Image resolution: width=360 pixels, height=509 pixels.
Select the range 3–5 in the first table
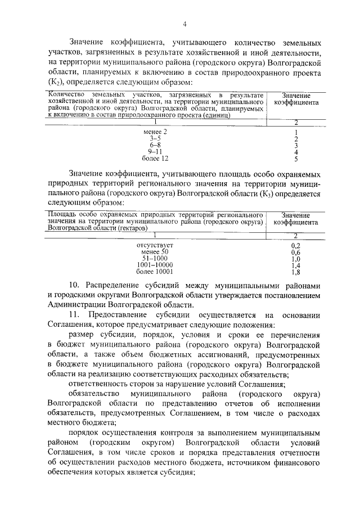pos(156,138)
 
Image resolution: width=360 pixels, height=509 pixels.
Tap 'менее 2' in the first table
pos(156,132)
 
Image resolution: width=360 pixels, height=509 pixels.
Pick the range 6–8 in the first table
pos(156,145)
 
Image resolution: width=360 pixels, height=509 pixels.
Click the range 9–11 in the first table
pos(156,152)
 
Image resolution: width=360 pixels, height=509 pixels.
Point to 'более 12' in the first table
pos(156,159)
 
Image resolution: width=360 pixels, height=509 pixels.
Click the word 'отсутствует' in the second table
pos(155,246)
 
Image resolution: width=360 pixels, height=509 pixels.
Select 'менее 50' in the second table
pos(155,253)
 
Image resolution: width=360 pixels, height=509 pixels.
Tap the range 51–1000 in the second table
pos(155,259)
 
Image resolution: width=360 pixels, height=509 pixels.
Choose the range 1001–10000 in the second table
pos(155,265)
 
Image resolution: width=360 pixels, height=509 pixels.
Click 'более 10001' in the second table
pos(155,272)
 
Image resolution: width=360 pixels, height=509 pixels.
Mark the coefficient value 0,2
pos(296,246)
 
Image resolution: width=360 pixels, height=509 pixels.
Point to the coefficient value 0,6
pos(296,253)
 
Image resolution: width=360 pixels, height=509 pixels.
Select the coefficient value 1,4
pos(296,265)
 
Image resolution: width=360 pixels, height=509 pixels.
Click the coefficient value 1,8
pos(296,272)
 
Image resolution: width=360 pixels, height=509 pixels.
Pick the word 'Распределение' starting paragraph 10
pos(117,285)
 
